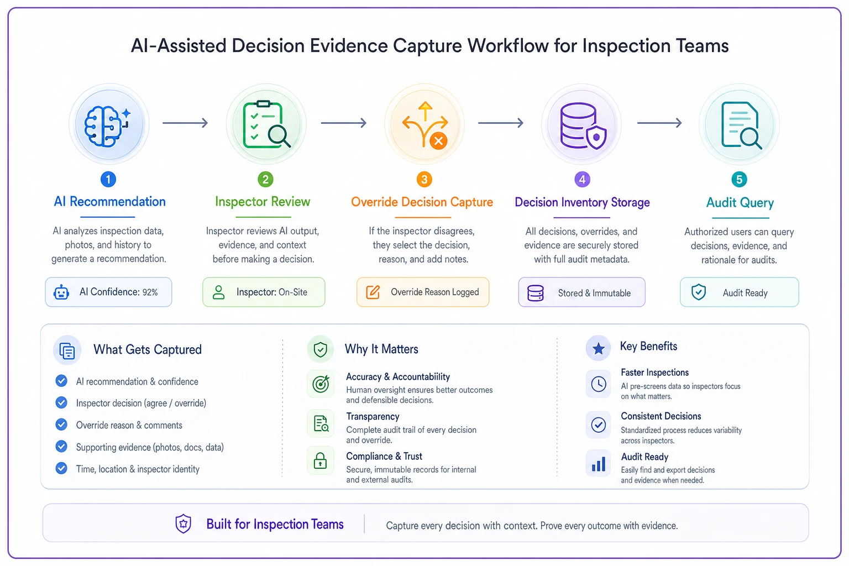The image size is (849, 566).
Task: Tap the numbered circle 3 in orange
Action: tap(424, 179)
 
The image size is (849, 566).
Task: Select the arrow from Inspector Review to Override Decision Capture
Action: tap(343, 123)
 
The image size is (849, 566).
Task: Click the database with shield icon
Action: tap(583, 126)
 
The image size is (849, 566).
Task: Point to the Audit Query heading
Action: tap(740, 203)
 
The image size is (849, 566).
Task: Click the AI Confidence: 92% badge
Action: tap(108, 292)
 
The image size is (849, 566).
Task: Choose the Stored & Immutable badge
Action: tap(582, 292)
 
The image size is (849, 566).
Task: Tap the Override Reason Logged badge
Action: tap(423, 292)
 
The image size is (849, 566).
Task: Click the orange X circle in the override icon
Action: tap(438, 141)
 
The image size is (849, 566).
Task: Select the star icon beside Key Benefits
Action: tap(599, 348)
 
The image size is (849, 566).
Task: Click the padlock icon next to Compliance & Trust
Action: tap(320, 460)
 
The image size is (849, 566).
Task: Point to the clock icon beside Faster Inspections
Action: tap(599, 384)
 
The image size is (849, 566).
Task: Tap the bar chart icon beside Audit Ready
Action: tap(599, 464)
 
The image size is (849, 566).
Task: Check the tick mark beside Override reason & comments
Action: tap(61, 424)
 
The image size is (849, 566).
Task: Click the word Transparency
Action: tap(373, 416)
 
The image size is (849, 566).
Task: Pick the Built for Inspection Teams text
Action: tap(275, 524)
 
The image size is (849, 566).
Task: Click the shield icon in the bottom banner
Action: tap(183, 523)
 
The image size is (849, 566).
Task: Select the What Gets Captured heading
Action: tap(148, 349)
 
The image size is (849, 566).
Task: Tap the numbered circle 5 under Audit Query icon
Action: tap(739, 179)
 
